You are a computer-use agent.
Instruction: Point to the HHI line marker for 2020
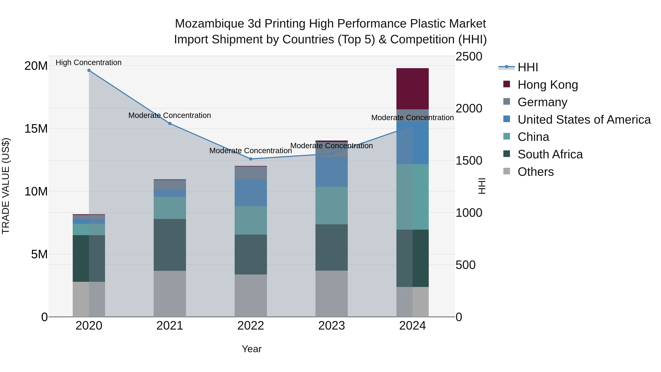point(89,70)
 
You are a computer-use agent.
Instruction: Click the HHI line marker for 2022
point(251,159)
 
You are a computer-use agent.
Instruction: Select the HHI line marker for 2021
point(170,123)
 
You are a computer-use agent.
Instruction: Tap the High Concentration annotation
point(89,62)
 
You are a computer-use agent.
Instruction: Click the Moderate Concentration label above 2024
point(412,118)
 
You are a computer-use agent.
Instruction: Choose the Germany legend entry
point(542,102)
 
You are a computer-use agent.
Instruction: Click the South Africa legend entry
point(550,154)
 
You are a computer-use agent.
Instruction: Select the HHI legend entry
point(527,67)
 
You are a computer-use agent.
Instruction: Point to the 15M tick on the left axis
point(36,129)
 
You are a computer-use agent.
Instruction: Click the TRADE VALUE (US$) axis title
point(6,186)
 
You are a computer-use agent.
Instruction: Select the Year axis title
point(252,349)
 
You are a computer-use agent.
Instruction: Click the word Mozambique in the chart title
point(209,24)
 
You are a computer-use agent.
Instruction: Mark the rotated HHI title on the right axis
point(482,186)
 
